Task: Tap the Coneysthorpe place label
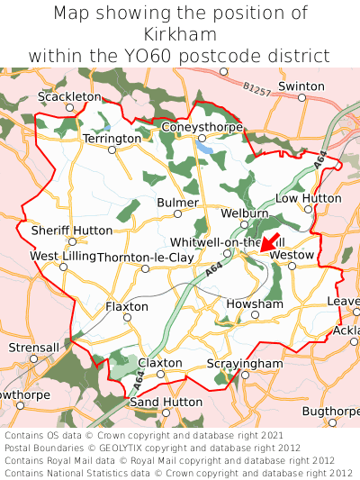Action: click(x=202, y=127)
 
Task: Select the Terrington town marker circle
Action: click(x=112, y=150)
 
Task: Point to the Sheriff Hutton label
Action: click(x=72, y=231)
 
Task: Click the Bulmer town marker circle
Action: click(x=177, y=214)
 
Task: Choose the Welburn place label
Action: click(x=245, y=213)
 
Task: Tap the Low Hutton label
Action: click(x=308, y=198)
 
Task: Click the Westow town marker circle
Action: click(x=292, y=266)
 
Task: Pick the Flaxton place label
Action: click(x=127, y=307)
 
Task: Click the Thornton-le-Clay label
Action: click(x=145, y=257)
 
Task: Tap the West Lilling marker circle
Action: click(x=63, y=267)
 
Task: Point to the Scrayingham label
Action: click(x=245, y=363)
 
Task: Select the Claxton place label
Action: click(x=160, y=363)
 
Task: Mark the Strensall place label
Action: click(x=33, y=347)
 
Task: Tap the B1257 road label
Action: click(x=256, y=91)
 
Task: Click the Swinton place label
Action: click(x=301, y=86)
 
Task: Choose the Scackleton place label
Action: click(x=70, y=95)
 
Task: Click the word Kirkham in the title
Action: click(x=180, y=34)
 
